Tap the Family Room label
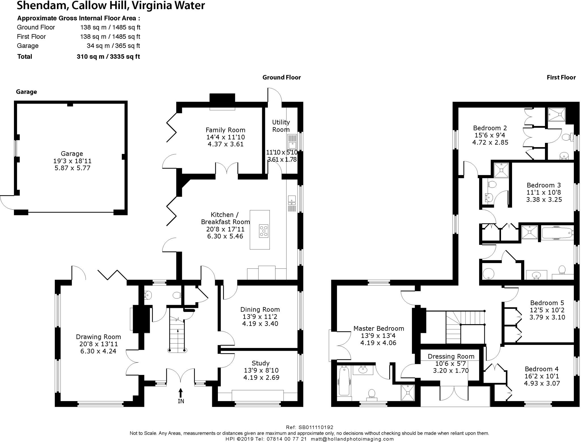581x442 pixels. [226, 130]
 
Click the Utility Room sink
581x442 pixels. [292, 142]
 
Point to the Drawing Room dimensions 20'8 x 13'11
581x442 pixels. [98, 344]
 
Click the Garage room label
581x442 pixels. [72, 154]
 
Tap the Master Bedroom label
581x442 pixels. [379, 329]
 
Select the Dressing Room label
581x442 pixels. [451, 356]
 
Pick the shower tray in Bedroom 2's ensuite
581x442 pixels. [557, 115]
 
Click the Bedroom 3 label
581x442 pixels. [544, 185]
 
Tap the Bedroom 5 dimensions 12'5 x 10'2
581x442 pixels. [547, 310]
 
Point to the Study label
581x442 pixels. [261, 363]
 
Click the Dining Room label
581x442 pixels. [260, 310]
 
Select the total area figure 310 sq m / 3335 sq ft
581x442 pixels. [108, 57]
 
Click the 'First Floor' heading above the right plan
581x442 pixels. [561, 78]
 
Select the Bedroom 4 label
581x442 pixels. [542, 369]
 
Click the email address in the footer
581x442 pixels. [352, 439]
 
